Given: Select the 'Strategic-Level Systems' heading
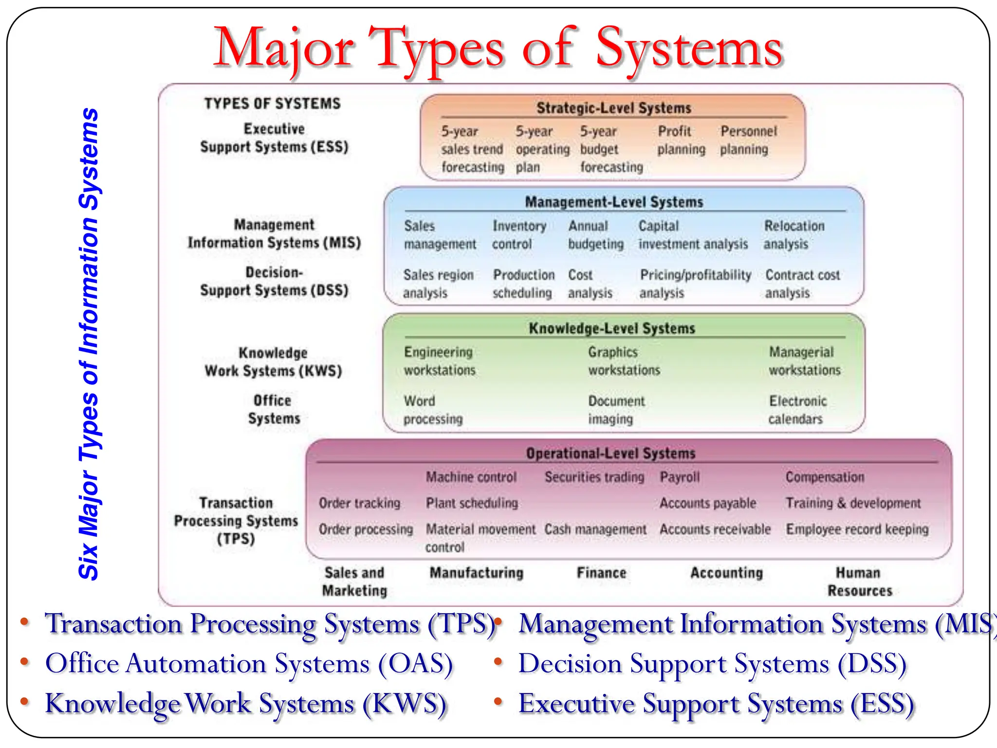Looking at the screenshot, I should [x=613, y=108].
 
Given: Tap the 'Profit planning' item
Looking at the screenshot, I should [x=681, y=140].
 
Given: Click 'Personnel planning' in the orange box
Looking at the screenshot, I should [x=748, y=140].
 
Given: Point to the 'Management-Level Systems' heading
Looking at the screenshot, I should [x=614, y=202].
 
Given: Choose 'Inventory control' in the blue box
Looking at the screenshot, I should [x=519, y=235].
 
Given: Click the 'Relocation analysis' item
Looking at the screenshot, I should [x=794, y=235].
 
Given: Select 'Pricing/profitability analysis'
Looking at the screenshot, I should [x=695, y=283].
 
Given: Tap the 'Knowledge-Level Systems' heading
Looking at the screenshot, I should [x=612, y=328].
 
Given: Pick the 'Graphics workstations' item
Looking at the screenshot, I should [x=624, y=361].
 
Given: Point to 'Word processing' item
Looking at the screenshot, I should [x=433, y=410].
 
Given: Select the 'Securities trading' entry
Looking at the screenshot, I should [x=594, y=477].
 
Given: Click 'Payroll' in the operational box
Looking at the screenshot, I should [x=680, y=477].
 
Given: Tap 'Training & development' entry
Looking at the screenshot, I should [x=853, y=503].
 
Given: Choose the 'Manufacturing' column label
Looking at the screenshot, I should [x=476, y=573].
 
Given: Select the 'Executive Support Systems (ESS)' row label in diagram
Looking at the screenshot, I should [x=274, y=138].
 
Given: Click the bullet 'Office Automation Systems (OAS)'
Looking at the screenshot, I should [x=249, y=664].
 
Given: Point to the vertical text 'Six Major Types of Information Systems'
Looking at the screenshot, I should [x=89, y=344].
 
